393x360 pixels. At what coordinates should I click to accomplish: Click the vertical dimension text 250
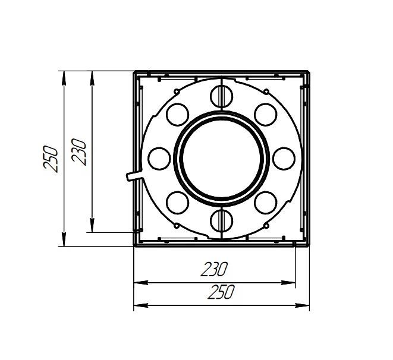pos(51,159)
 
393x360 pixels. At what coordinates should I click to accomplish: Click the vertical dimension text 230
pos(78,151)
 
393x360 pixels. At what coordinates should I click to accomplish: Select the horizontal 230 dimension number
pos(214,269)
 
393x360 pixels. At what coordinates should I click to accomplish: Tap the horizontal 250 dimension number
pos(221,292)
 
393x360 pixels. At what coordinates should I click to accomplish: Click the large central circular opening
pos(222,159)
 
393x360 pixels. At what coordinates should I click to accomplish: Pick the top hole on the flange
pos(222,96)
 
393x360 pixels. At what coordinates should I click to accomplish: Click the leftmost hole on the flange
pos(159,159)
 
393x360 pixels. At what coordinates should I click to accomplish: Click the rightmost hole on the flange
pos(284,159)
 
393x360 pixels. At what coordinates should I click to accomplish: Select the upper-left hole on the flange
pos(177,115)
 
